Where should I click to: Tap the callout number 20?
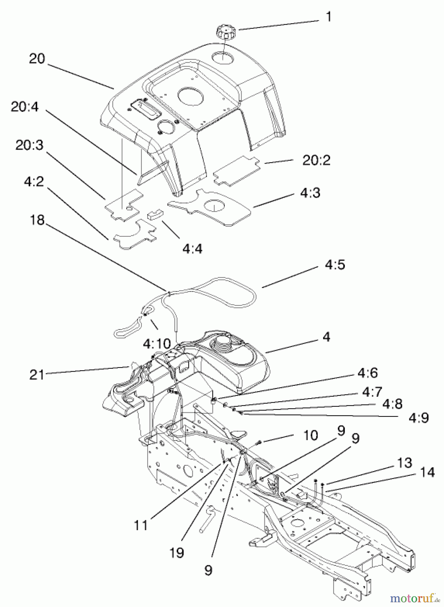[x=37, y=59]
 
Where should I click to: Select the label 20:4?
[x=25, y=107]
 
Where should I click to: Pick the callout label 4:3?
[x=310, y=193]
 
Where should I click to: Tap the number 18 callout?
[x=37, y=220]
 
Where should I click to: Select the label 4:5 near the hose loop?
[x=335, y=265]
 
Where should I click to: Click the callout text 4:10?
[x=157, y=344]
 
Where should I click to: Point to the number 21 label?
[x=37, y=375]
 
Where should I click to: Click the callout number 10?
[x=310, y=435]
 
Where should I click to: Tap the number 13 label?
[x=404, y=463]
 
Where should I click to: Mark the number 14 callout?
[x=427, y=472]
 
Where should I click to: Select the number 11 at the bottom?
[x=141, y=525]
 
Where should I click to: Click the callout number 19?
[x=177, y=553]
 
